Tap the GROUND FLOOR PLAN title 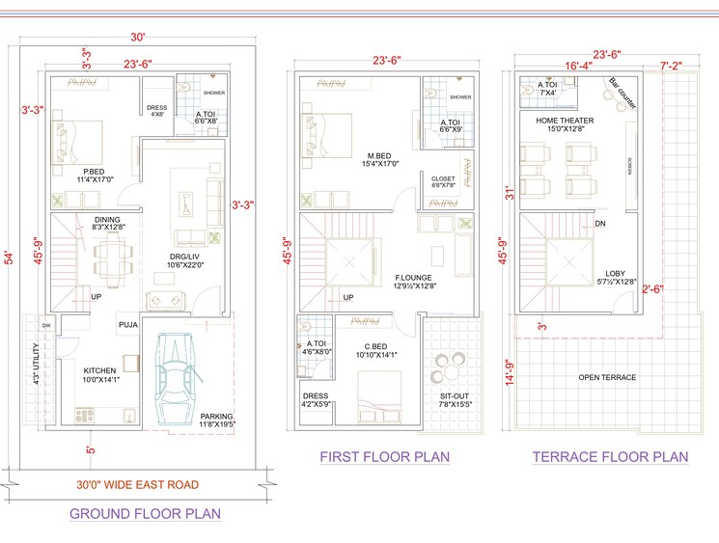pyautogui.click(x=145, y=514)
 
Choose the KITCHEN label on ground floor pyautogui.click(x=100, y=370)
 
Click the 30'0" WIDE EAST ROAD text pyautogui.click(x=137, y=484)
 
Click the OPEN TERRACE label pyautogui.click(x=607, y=377)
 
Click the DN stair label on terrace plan pyautogui.click(x=600, y=224)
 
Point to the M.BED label pyautogui.click(x=377, y=155)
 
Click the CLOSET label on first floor pyautogui.click(x=444, y=178)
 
